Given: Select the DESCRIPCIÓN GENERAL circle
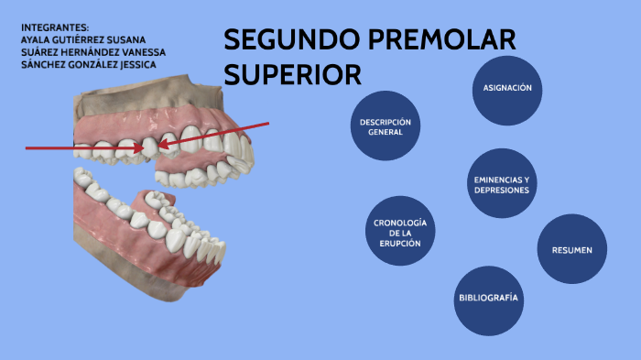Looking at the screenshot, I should point(385,126).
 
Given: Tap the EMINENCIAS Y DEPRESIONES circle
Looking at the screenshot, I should point(501,183).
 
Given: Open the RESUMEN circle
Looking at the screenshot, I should point(571,249).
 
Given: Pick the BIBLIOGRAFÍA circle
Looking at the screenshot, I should point(488,299).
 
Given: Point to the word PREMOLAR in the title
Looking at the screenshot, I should point(440,41).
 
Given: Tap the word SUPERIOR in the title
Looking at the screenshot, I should point(292,73).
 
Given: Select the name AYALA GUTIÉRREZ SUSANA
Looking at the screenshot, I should point(82,39).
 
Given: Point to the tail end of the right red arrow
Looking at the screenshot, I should point(267,123).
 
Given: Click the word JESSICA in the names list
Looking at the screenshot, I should point(136,65).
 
